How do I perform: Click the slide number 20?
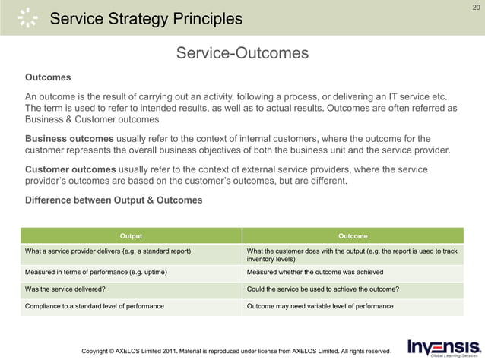(x=476, y=8)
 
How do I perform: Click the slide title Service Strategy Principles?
(x=146, y=19)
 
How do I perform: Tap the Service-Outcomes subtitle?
(x=242, y=53)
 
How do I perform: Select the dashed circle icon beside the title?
(x=27, y=17)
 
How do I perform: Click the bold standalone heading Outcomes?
(x=48, y=77)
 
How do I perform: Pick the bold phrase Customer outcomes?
(x=71, y=169)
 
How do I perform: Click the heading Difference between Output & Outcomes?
(x=113, y=200)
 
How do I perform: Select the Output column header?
(x=131, y=236)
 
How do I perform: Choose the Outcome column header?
(x=352, y=236)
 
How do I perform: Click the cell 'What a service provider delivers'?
(x=108, y=251)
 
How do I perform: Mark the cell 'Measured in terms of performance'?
(x=97, y=272)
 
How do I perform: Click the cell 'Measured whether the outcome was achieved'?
(x=315, y=272)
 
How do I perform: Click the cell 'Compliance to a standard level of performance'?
(x=94, y=306)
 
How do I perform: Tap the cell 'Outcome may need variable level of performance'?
(x=320, y=306)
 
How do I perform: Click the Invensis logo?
(x=444, y=348)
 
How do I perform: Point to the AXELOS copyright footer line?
(x=236, y=351)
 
